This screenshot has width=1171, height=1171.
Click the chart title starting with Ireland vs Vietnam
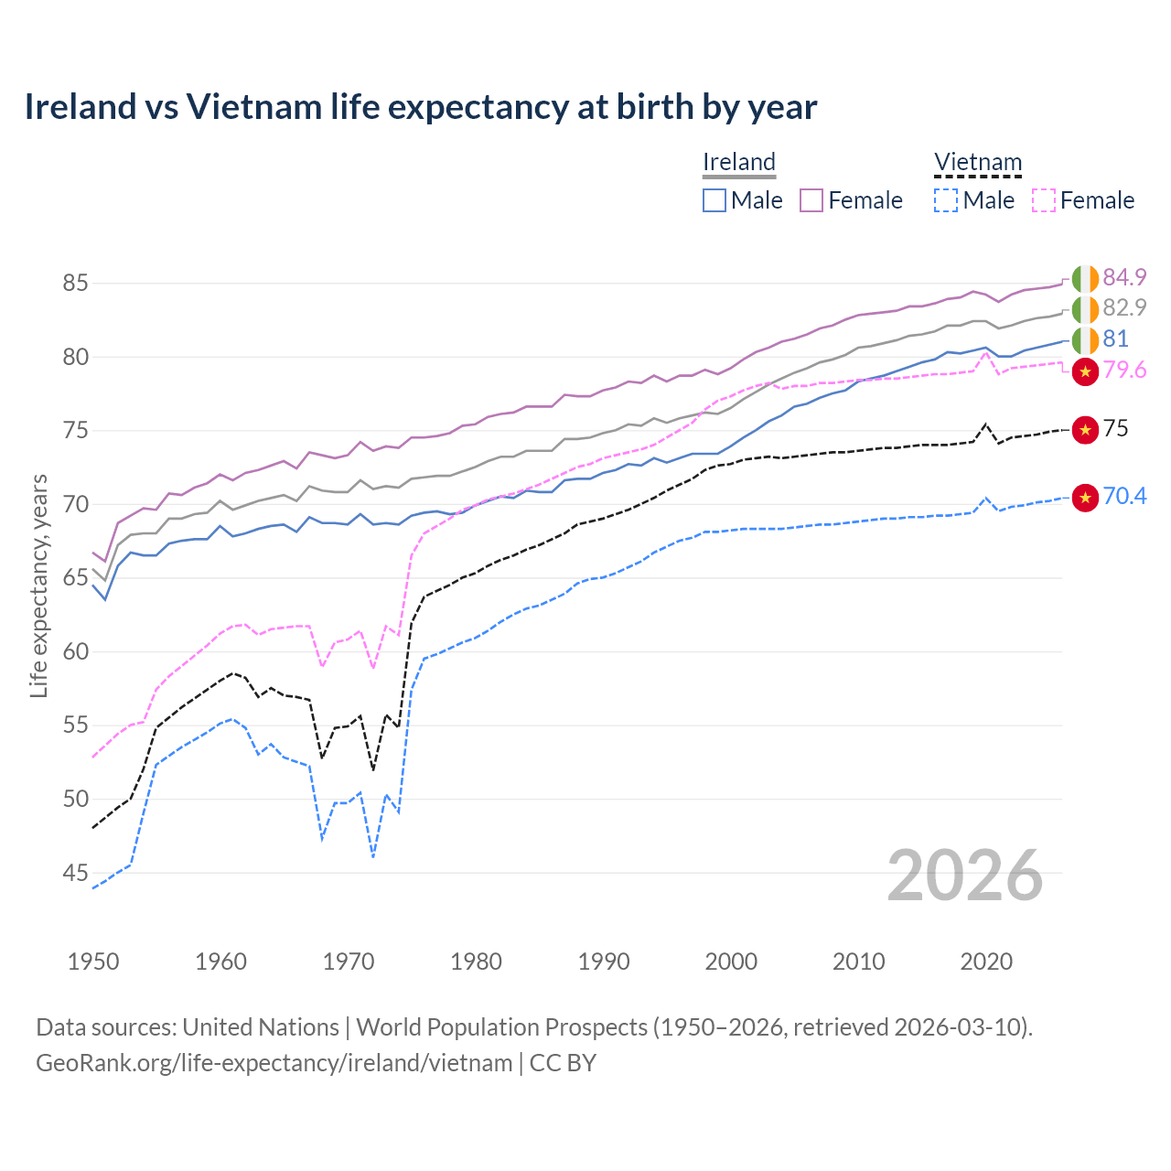[x=420, y=107]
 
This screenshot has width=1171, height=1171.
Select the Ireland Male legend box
[x=714, y=200]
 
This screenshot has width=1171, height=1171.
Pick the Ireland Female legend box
[x=811, y=200]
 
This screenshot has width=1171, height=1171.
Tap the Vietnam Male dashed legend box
[x=946, y=200]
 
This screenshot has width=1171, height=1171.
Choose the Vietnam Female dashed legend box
[x=1044, y=200]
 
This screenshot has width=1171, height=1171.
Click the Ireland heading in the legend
[x=738, y=163]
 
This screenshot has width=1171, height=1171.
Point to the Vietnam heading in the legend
[x=977, y=163]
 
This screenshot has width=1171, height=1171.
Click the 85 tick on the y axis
[x=75, y=284]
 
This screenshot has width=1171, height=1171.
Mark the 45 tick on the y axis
[x=75, y=874]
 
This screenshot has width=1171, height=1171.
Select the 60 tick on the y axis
[x=75, y=652]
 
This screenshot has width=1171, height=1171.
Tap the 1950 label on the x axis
[x=93, y=962]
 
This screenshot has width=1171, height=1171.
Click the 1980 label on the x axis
[x=476, y=962]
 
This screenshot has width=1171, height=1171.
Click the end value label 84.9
[x=1124, y=277]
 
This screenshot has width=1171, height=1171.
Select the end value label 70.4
[x=1124, y=496]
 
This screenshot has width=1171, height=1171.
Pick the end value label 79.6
[x=1124, y=370]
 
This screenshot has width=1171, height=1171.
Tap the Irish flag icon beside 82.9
[x=1085, y=309]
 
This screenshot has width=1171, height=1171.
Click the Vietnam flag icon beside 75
[x=1085, y=429]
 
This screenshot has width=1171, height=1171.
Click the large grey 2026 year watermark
[x=965, y=876]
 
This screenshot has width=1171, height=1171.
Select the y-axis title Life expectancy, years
[x=38, y=585]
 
